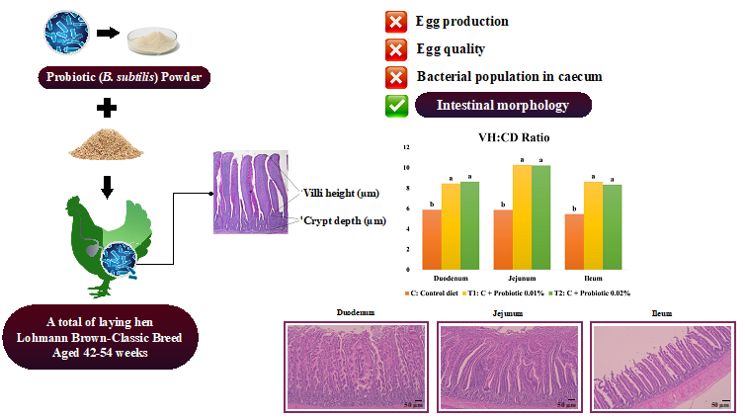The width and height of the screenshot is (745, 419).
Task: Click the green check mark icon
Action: [396, 104]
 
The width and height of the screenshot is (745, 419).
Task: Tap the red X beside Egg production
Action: [396, 20]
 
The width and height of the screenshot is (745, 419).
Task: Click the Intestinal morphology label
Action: [504, 104]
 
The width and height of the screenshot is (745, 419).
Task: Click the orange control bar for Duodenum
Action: [432, 239]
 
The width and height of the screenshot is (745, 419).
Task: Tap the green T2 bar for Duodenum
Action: [469, 225]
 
